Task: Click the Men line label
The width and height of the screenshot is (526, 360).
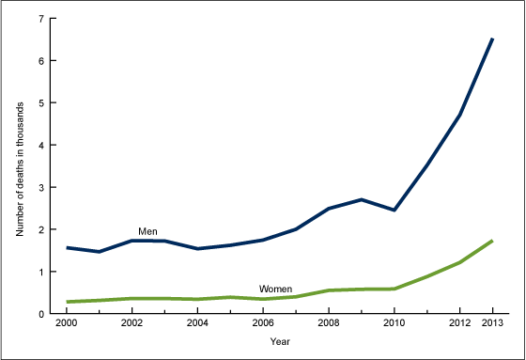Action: coord(147,230)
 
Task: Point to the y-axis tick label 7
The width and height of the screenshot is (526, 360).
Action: coord(40,19)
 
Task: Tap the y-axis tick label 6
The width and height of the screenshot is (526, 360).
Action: coord(40,61)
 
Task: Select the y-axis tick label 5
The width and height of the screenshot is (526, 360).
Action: coord(40,103)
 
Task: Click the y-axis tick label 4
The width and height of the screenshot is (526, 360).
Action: coord(40,146)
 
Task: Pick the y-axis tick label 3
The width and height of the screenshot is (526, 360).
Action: coord(40,187)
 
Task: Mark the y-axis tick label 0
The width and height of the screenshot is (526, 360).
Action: coord(40,314)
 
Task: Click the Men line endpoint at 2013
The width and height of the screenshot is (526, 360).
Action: coord(492,39)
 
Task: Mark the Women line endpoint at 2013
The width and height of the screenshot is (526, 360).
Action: coord(492,241)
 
